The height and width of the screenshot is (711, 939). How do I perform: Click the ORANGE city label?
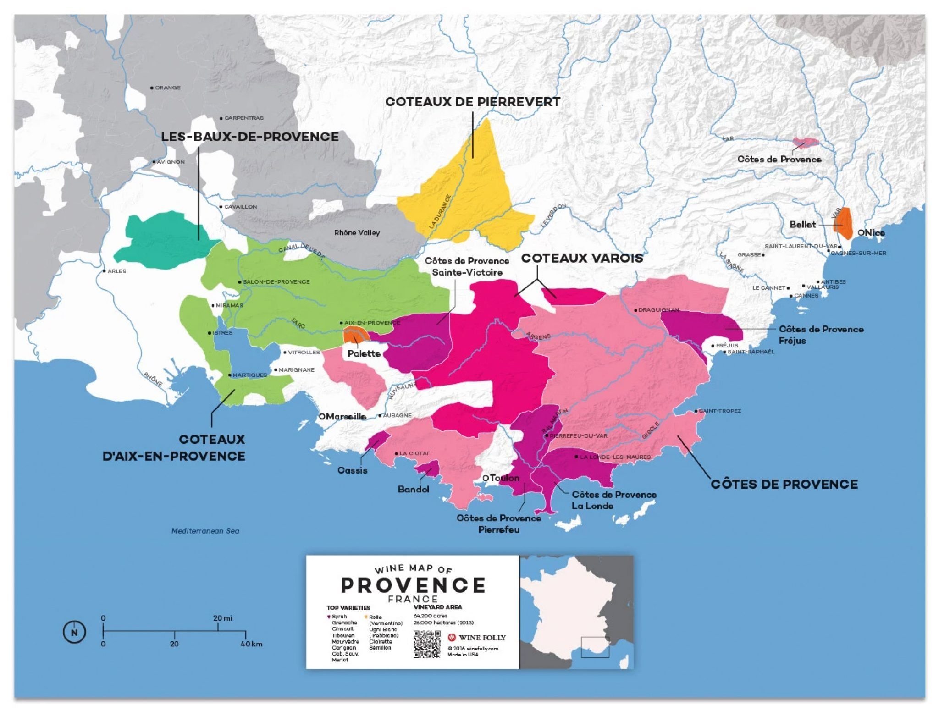pos(167,88)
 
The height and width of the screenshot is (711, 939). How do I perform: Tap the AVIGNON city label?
pos(170,162)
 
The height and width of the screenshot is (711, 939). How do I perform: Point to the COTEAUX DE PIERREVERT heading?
pos(472,102)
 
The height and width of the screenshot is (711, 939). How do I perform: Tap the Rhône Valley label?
pos(357,233)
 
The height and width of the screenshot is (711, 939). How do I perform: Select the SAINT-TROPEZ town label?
pos(719,411)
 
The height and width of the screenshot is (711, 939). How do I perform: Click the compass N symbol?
pos(74,633)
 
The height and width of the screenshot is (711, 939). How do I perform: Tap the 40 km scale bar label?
pos(251,644)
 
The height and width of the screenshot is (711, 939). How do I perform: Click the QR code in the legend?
pos(427,644)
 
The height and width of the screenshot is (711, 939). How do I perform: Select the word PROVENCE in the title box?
pos(413,585)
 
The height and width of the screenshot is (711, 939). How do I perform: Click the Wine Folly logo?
pos(477,638)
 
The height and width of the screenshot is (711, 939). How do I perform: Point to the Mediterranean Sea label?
pos(205,531)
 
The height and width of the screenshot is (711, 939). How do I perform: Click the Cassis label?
pos(352,470)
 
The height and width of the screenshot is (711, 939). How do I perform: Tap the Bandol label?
pos(413,489)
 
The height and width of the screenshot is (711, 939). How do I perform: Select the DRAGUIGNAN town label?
pos(658,310)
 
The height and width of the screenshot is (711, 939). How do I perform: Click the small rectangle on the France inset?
pos(595,647)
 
